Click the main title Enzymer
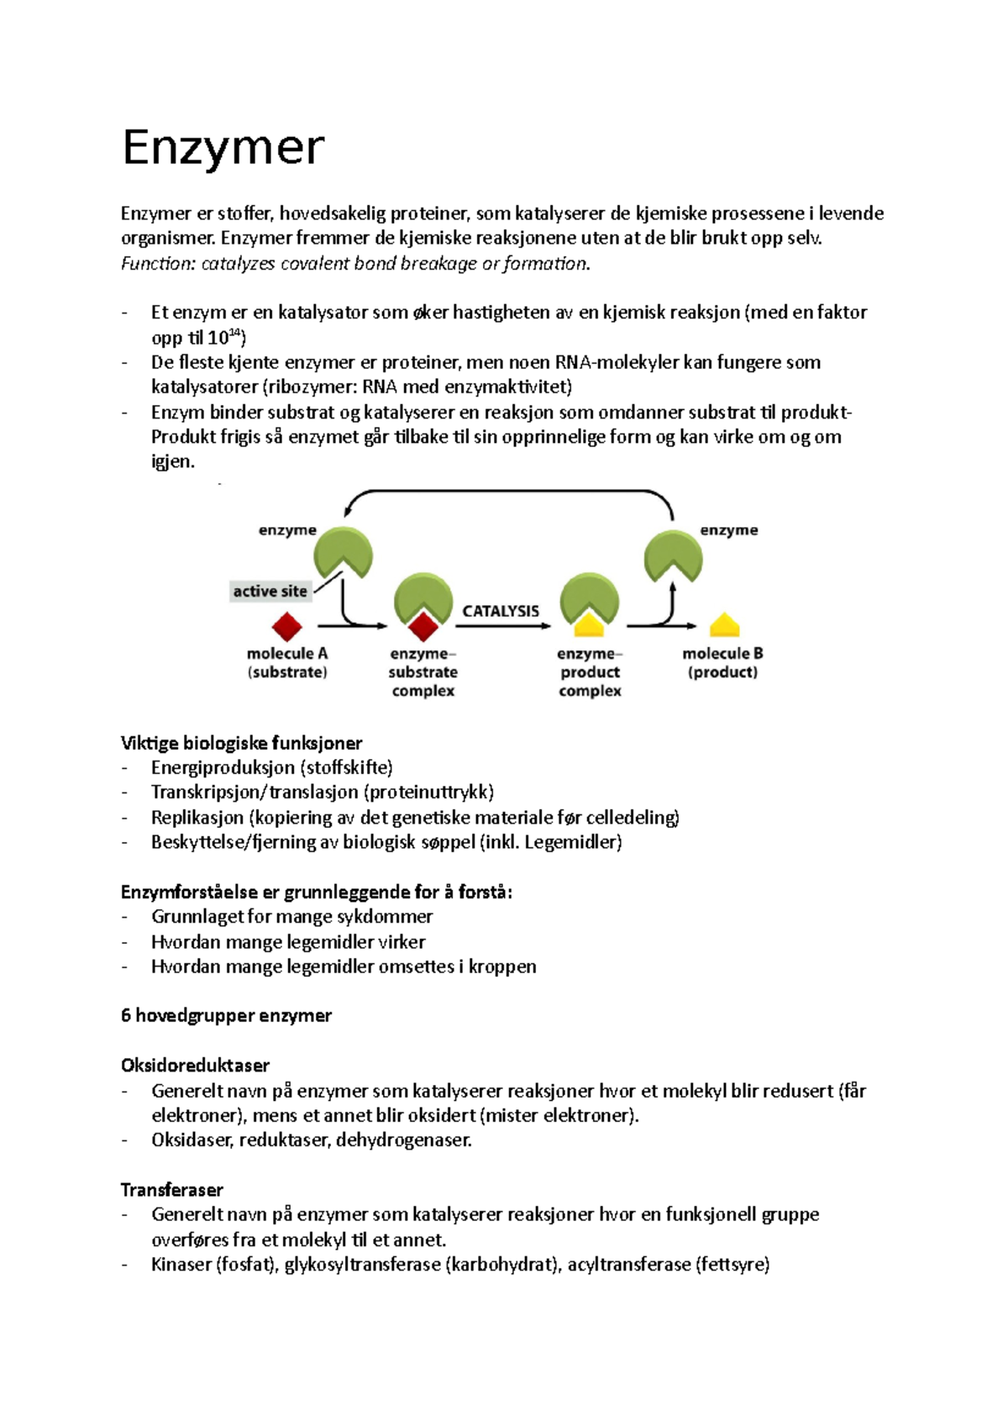pyautogui.click(x=223, y=148)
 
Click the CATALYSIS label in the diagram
pyautogui.click(x=501, y=611)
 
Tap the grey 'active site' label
pyautogui.click(x=270, y=591)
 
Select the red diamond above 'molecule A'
pyautogui.click(x=286, y=627)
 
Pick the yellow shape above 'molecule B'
pyautogui.click(x=724, y=626)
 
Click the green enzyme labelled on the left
pyautogui.click(x=343, y=553)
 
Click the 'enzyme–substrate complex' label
pyautogui.click(x=423, y=672)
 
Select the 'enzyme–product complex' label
pyautogui.click(x=590, y=672)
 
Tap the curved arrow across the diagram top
pyautogui.click(x=508, y=492)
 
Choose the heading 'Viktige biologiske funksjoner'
pyautogui.click(x=241, y=743)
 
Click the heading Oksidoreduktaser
pyautogui.click(x=195, y=1066)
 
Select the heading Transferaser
pyautogui.click(x=171, y=1190)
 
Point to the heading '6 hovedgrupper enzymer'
pyautogui.click(x=226, y=1015)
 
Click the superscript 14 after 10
pyautogui.click(x=235, y=334)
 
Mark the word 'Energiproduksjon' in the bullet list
pyautogui.click(x=222, y=767)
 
